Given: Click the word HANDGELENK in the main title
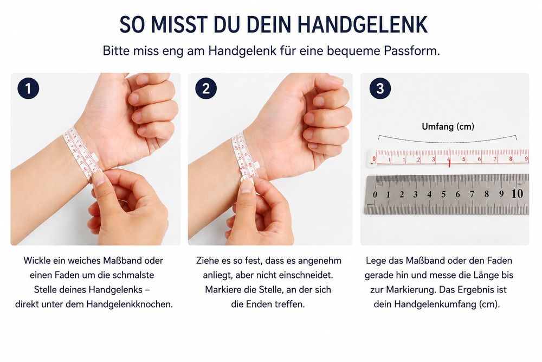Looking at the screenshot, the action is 362,24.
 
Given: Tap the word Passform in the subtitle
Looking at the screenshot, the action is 412,51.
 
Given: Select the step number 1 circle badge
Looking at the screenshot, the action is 28,88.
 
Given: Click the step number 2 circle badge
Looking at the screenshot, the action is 206,88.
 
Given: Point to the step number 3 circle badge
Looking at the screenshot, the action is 380,88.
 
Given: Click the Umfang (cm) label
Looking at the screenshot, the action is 448,126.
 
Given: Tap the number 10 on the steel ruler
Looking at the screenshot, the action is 517,193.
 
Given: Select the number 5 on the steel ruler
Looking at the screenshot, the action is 443,194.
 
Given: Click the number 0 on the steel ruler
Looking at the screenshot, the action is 375,195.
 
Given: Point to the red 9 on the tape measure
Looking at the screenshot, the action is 526,159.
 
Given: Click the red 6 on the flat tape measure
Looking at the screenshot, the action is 480,159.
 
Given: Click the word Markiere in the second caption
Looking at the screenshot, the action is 221,290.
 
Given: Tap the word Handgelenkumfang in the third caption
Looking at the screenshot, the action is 435,304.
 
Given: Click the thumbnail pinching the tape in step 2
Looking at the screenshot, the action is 247,186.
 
